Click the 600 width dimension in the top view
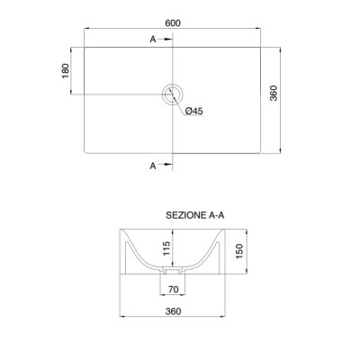173,23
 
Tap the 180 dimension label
66,71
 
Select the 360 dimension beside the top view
274,93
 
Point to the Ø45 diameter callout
193,111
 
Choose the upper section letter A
153,40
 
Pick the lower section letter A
153,166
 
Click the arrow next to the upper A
166,40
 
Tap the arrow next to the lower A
166,164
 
